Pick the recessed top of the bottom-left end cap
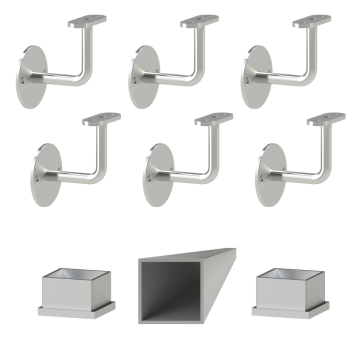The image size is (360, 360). [x=74, y=272]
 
